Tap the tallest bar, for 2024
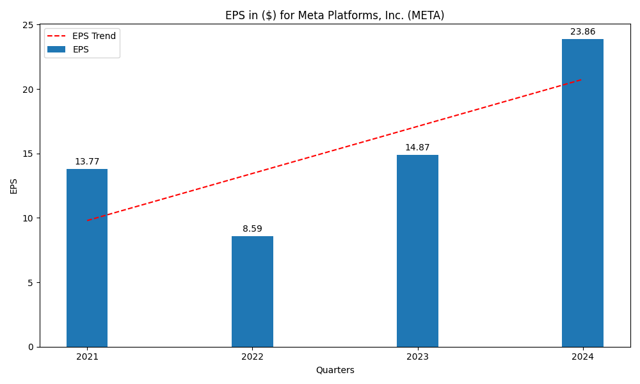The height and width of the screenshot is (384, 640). click(582, 193)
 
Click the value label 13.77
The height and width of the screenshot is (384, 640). click(87, 162)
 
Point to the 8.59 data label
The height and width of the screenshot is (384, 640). click(252, 229)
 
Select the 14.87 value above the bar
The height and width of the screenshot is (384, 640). click(417, 148)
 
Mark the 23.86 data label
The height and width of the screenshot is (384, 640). click(582, 32)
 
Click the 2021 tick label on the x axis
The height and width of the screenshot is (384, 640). click(87, 356)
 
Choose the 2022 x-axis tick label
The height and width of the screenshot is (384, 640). click(252, 356)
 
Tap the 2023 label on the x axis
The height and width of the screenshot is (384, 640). click(417, 356)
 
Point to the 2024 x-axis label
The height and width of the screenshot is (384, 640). click(582, 356)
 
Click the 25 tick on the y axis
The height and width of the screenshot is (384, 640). click(28, 25)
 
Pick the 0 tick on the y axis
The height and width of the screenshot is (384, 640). click(31, 347)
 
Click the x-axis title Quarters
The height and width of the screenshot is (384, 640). click(335, 370)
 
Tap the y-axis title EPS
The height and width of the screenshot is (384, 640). click(14, 186)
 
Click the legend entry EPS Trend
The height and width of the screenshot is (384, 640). click(93, 36)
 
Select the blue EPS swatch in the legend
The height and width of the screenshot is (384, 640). click(56, 49)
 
